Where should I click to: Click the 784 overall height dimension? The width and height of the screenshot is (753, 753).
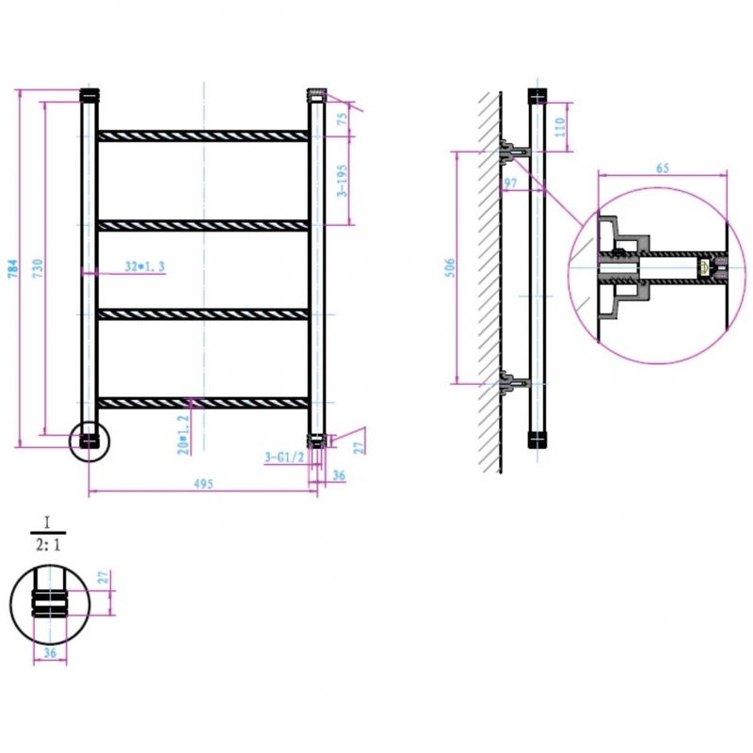tap(13, 268)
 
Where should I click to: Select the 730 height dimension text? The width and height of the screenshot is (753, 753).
tap(38, 268)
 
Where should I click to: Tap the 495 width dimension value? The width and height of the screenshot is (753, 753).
tap(203, 484)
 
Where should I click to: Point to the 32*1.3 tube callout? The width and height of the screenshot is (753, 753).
tap(145, 266)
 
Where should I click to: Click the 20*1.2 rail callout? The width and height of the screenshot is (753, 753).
tap(184, 435)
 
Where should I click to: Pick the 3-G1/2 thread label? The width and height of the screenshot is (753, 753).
tap(285, 457)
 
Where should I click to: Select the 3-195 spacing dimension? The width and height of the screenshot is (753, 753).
tap(342, 181)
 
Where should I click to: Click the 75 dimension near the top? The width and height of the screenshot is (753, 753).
tap(343, 120)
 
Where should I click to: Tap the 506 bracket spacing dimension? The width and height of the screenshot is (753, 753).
tap(450, 268)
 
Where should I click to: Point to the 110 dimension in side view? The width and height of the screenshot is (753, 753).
tap(560, 127)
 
